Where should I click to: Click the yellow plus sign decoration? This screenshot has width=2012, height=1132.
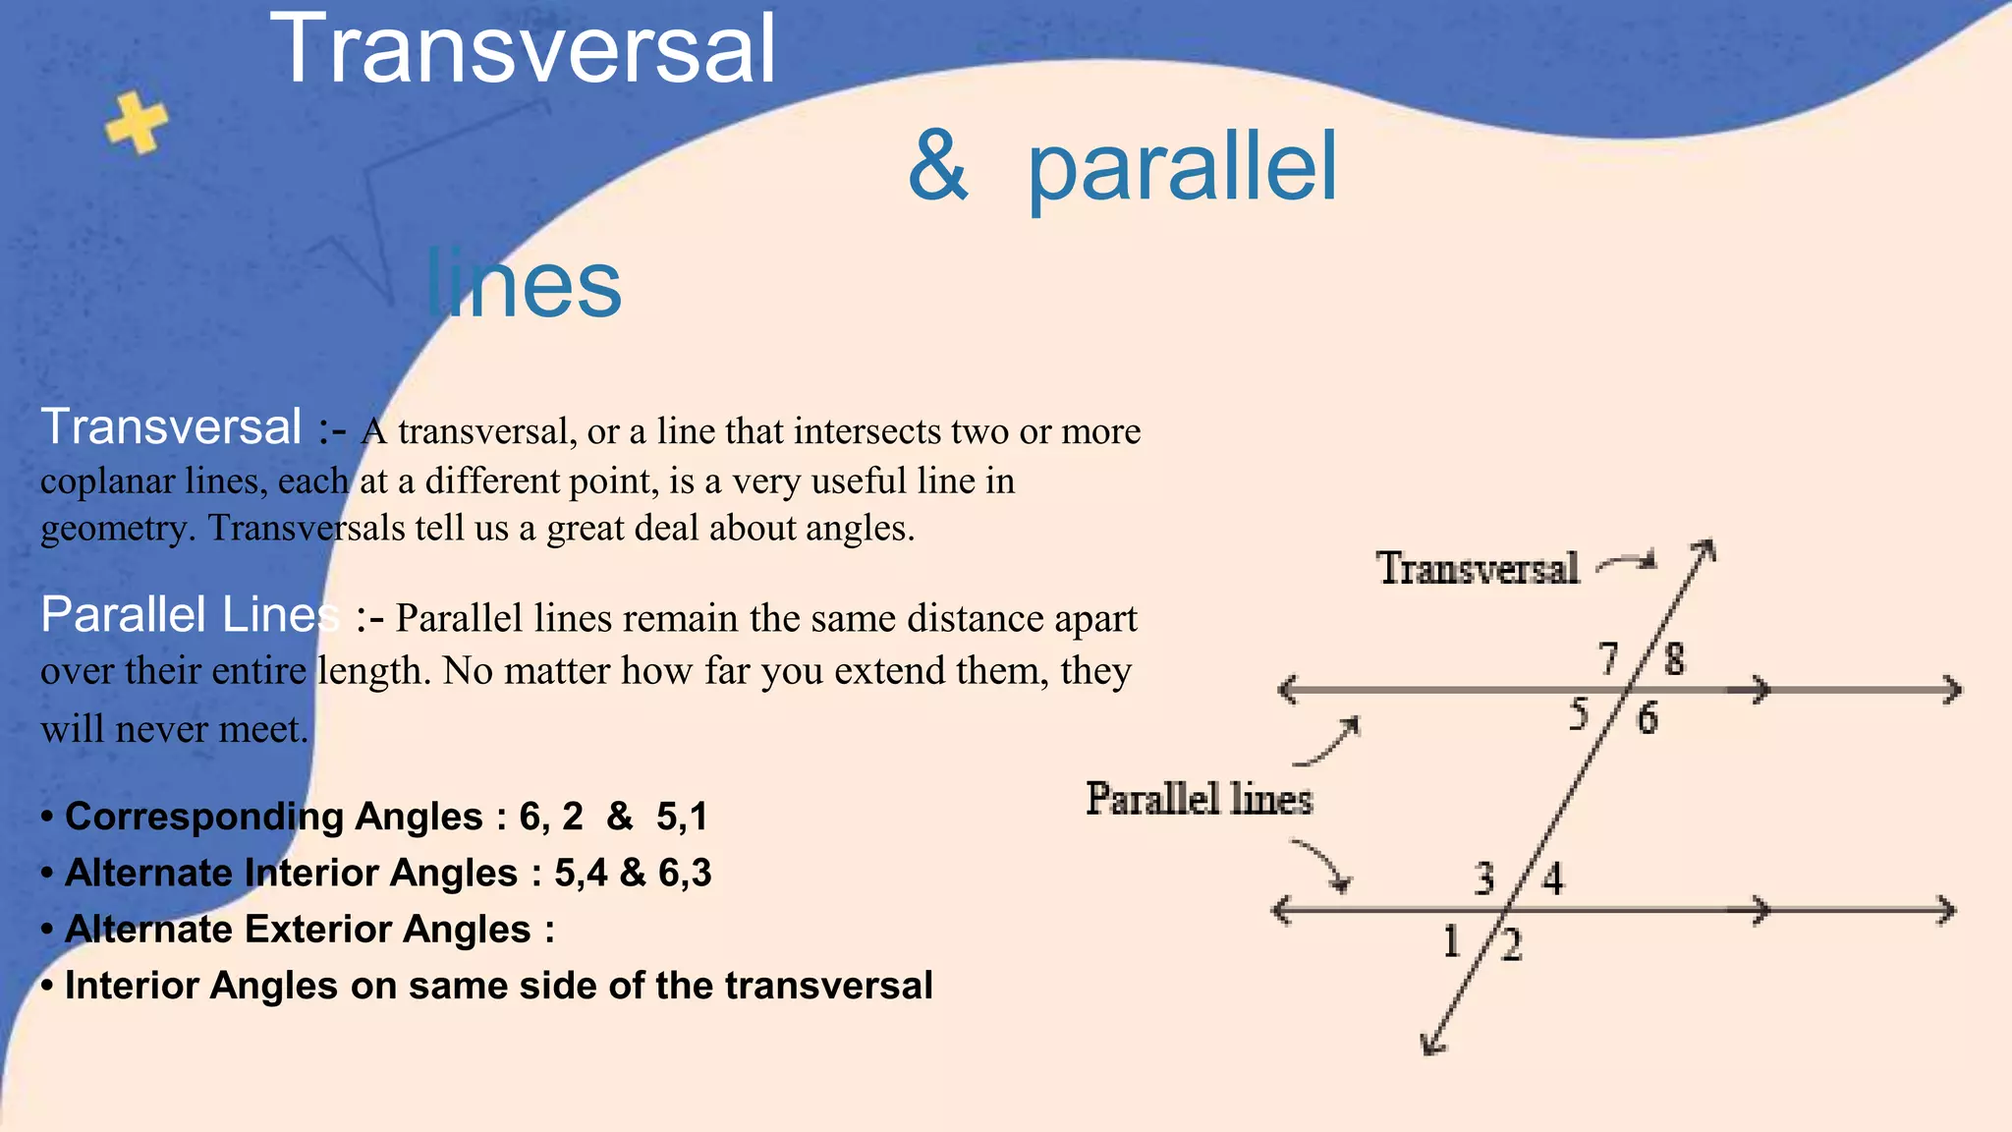tap(137, 124)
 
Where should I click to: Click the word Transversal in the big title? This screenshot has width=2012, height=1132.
tap(523, 49)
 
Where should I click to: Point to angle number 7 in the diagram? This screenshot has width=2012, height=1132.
tap(1608, 658)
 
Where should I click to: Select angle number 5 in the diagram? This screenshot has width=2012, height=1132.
tap(1579, 714)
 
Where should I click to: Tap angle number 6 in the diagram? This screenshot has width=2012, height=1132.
tap(1647, 718)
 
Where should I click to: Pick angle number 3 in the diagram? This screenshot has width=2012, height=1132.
tap(1484, 878)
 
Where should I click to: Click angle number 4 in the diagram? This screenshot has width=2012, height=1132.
tap(1552, 878)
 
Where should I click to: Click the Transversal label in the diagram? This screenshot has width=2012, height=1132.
tap(1478, 569)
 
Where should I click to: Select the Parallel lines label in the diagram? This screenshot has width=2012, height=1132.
tap(1199, 799)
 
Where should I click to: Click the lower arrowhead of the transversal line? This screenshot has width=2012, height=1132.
tap(1432, 1044)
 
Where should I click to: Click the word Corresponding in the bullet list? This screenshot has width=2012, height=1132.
tap(203, 817)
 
